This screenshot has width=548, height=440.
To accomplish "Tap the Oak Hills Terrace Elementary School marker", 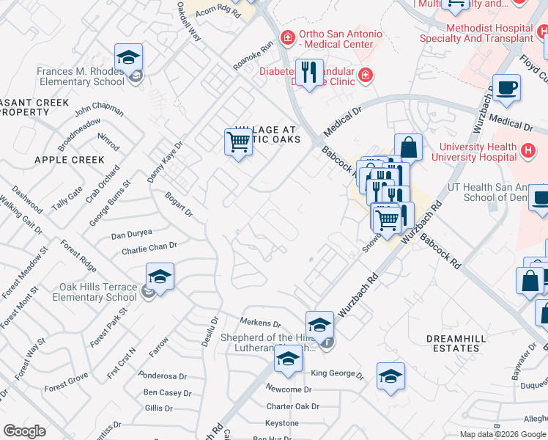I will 160,278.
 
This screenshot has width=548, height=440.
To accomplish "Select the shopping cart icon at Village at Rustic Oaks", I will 238,142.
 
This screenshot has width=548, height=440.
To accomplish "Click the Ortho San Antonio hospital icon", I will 288,37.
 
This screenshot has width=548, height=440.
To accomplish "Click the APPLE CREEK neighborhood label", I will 69,159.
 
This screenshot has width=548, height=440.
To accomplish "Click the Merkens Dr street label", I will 261,323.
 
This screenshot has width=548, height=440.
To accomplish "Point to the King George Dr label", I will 337,374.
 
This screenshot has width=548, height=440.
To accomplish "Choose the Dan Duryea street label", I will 131,234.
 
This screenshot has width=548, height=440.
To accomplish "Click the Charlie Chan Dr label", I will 149,249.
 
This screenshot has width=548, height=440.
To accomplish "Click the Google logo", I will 24,431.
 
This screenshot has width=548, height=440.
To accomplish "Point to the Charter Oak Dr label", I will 293,406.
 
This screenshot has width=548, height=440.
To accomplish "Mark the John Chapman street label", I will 99,109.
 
